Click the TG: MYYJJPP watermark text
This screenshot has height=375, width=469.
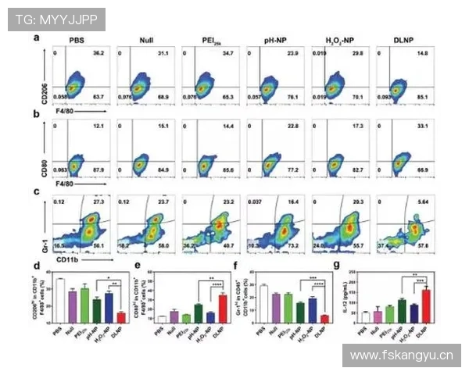click(55, 20)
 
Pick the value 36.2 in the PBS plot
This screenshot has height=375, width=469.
click(98, 53)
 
